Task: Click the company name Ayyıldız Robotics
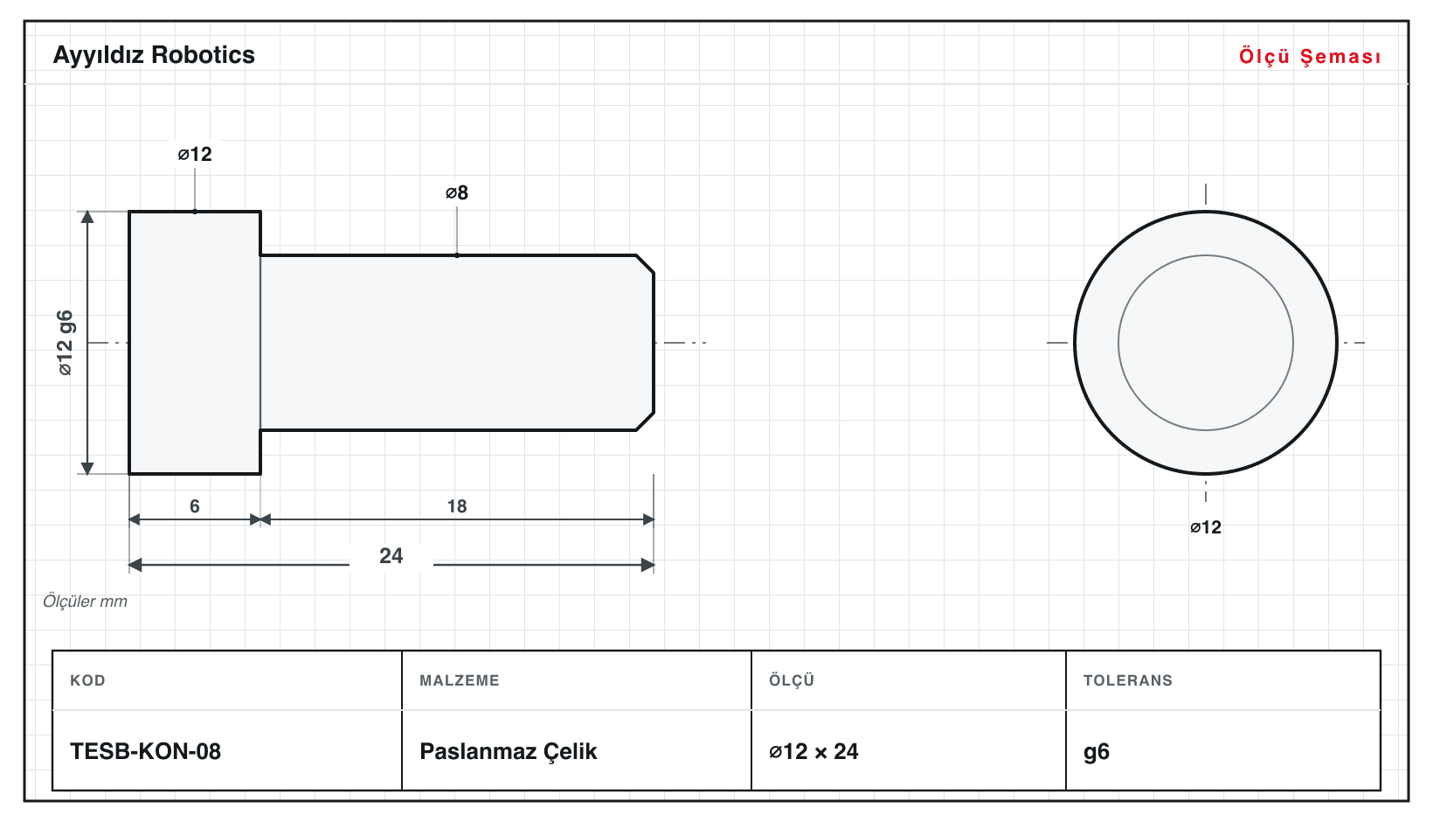point(154,56)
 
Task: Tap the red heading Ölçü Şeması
point(1310,56)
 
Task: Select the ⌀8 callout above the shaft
point(457,192)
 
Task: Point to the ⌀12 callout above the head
point(195,154)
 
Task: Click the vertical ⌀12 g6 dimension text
point(66,343)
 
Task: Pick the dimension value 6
point(195,506)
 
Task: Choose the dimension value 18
point(457,506)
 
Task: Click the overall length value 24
point(391,555)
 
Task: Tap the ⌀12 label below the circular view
point(1206,527)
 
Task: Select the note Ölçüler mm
point(85,602)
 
